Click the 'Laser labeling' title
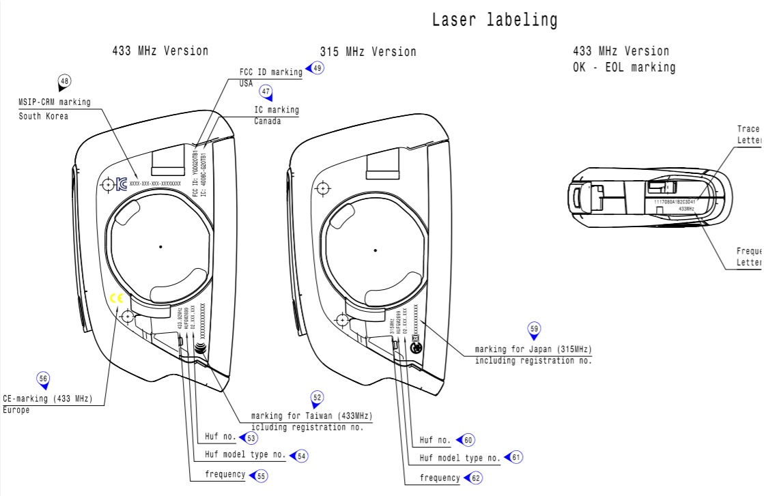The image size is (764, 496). (494, 20)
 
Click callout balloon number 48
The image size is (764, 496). (65, 82)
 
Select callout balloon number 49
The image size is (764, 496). (317, 68)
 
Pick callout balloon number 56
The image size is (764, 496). (43, 379)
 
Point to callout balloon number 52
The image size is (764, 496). (317, 397)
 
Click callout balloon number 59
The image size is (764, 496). (534, 329)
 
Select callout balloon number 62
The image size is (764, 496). (476, 478)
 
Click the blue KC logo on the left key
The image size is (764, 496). (122, 184)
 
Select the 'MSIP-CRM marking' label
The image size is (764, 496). (54, 102)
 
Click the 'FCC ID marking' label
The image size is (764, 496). (270, 72)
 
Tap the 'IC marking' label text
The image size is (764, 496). (277, 110)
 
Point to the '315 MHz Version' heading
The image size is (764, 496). (368, 52)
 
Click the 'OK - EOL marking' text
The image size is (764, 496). (624, 67)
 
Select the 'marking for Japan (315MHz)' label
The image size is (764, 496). (533, 350)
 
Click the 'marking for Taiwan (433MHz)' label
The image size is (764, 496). (312, 416)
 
